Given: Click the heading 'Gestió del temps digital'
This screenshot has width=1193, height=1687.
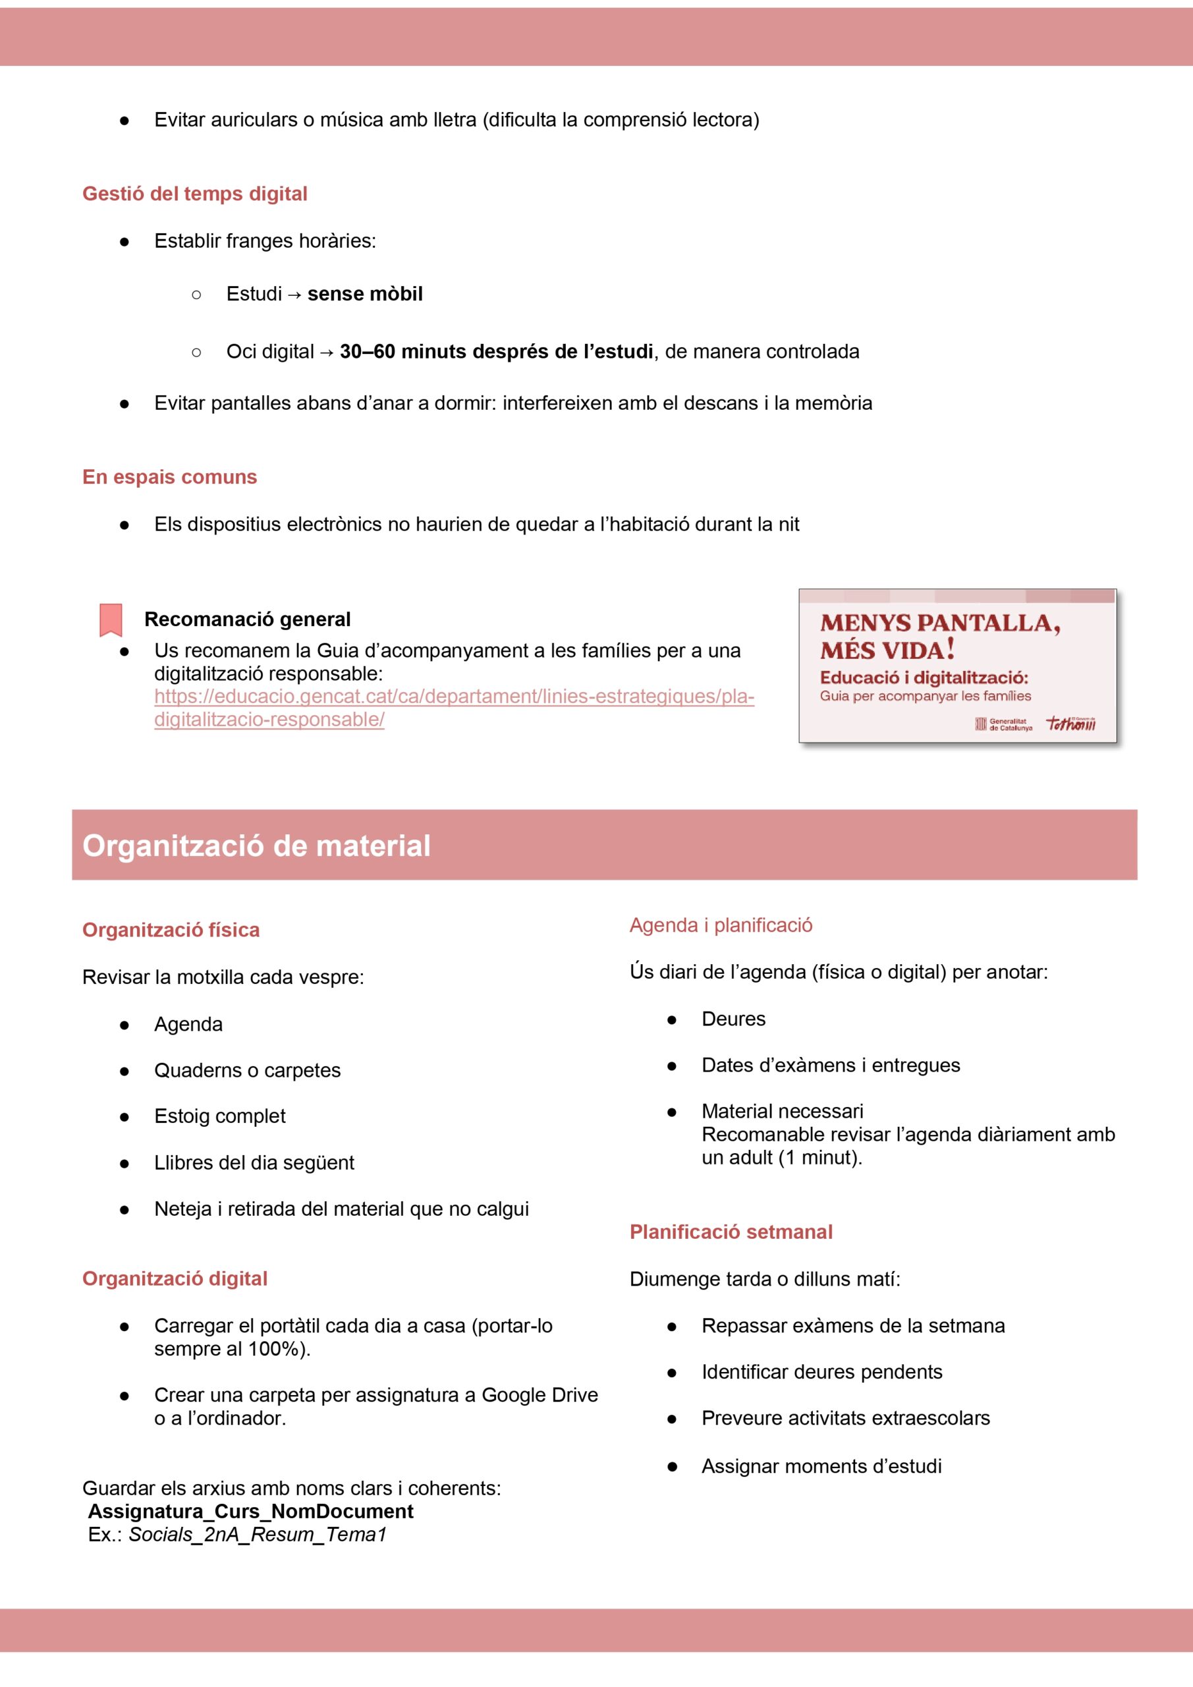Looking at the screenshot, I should coord(195,194).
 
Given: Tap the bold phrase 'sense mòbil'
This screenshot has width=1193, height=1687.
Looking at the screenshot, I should coord(365,294).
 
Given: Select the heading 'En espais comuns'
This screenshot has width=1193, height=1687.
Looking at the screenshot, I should coord(170,477).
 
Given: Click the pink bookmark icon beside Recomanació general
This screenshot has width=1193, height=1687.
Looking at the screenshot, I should coord(111,619).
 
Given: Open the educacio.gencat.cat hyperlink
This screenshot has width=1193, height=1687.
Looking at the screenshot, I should coord(453,697).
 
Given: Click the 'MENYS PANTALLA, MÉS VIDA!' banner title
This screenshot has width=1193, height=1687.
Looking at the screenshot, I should coord(939,637).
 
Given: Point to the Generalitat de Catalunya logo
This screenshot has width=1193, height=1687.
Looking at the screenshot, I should coord(1003,724).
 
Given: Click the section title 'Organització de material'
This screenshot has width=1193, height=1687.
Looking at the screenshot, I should coord(256,845).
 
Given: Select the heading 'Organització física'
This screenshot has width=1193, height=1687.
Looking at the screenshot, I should coord(171,930).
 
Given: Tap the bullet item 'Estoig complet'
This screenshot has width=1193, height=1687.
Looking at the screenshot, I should coord(219,1116).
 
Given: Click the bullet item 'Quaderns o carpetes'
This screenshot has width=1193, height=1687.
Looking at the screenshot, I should coord(248,1071).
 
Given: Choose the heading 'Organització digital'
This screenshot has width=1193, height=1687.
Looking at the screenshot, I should coord(175,1278).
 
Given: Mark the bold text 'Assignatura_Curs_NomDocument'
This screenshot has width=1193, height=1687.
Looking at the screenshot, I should coord(250,1512).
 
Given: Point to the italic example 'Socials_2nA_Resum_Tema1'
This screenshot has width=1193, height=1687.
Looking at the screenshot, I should coord(257,1535).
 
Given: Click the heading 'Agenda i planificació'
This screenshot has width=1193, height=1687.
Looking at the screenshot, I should coord(721,925).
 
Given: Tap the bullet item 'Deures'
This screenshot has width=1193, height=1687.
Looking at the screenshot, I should coord(733,1019).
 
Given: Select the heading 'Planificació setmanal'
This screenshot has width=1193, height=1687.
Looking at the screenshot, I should coord(731,1232).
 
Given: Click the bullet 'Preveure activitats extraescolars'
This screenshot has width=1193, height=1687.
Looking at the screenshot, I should coord(846,1418).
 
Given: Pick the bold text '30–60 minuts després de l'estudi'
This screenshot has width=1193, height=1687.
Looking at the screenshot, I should coord(497,352).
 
